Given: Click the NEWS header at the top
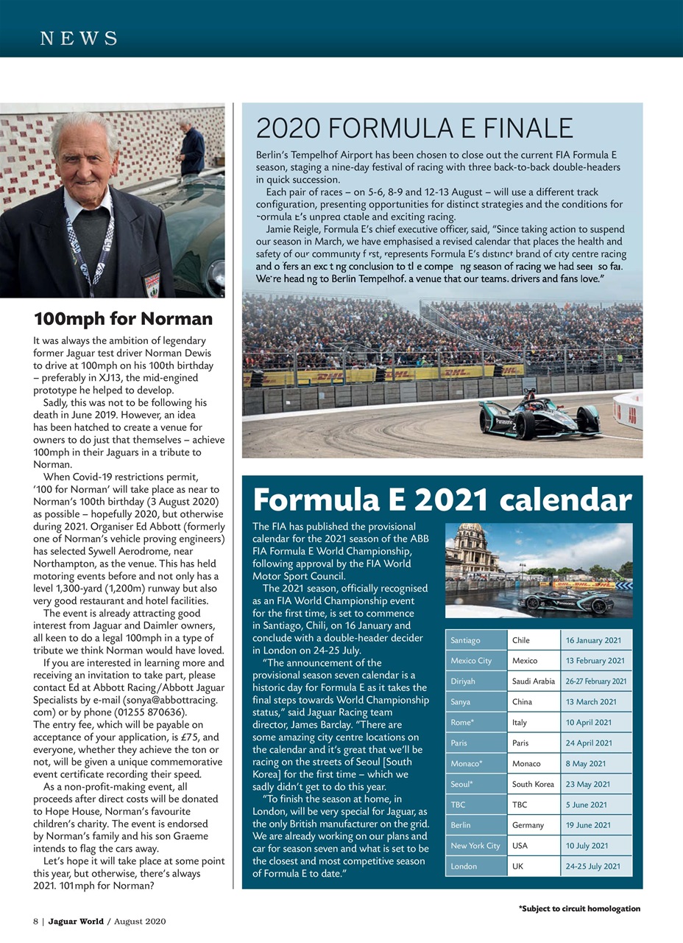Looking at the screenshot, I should coord(79,38).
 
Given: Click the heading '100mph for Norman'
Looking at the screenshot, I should coord(123,319).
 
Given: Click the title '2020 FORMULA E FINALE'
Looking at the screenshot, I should coord(414,129).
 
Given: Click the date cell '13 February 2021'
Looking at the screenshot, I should coord(595,661).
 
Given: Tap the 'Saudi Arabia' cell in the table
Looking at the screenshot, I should coord(533,681).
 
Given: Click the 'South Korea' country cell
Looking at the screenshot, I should coord(533,785).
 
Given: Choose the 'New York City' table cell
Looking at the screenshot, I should coord(475,846).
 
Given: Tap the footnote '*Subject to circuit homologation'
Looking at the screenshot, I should coord(579,908).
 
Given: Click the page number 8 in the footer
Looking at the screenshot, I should coord(35,922).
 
